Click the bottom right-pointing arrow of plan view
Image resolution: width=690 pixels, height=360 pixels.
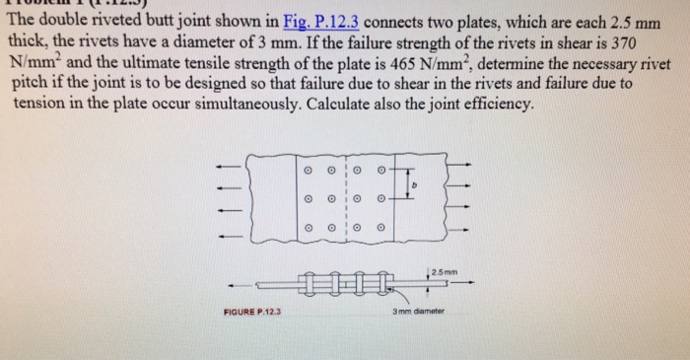coord(463,234)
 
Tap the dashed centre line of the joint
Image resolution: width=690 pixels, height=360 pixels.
coord(344,202)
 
